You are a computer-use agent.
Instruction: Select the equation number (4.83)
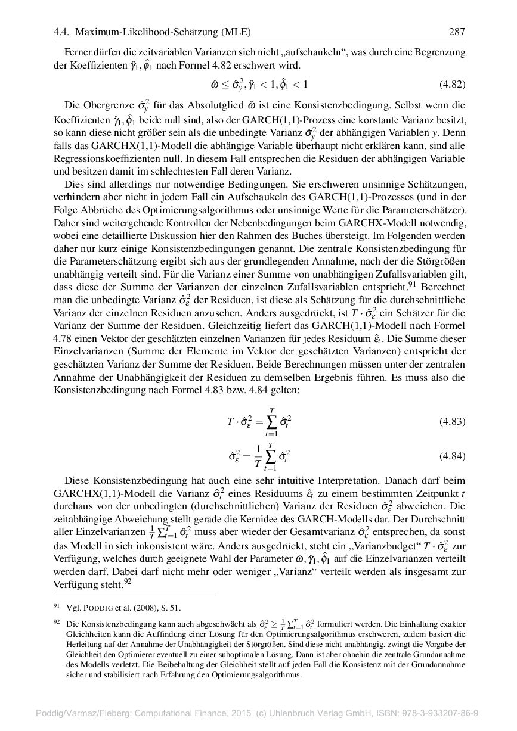tap(453, 422)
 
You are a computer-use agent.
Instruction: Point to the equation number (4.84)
tap(453, 456)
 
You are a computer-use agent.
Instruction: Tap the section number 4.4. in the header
tap(61, 32)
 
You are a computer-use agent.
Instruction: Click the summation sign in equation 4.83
tap(271, 422)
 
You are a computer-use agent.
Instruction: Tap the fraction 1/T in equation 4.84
tap(258, 456)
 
